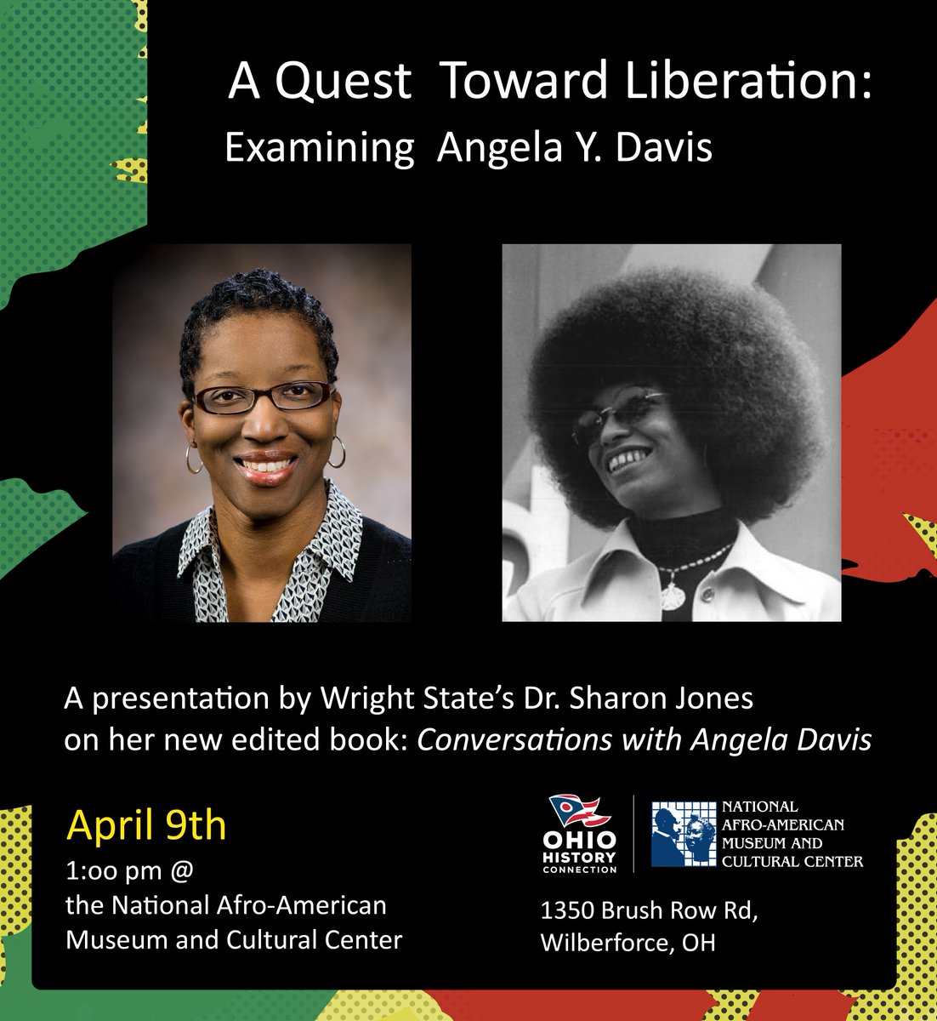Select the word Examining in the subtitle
319,150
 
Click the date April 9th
146,824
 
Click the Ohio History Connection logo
582,834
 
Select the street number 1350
567,910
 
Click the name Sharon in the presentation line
622,699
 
